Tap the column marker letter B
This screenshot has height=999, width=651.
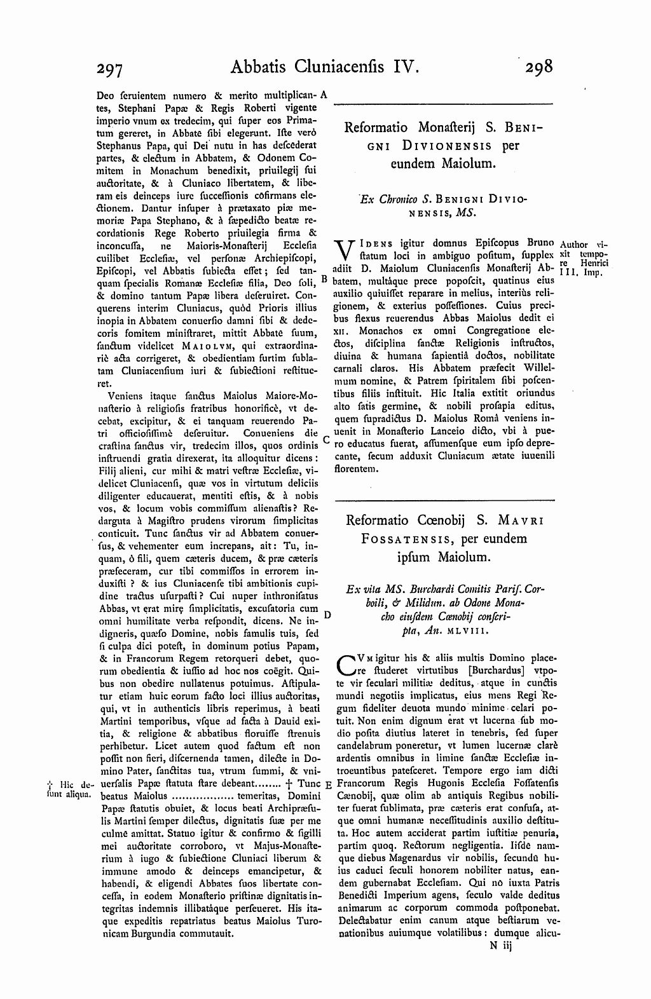tap(324, 278)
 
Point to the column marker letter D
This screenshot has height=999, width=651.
tap(327, 615)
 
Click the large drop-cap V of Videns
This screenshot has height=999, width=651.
tap(343, 250)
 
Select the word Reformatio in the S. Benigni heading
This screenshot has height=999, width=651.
tap(374, 127)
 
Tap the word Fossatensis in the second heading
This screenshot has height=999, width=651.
tap(398, 539)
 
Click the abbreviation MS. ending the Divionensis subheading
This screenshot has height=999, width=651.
tap(465, 214)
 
